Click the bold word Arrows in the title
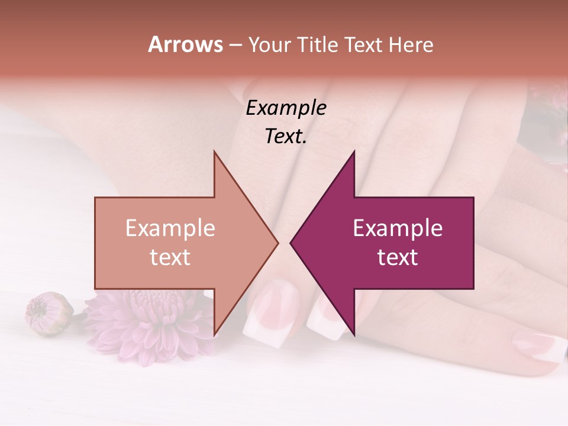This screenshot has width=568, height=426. (x=186, y=44)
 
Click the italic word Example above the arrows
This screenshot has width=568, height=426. (x=286, y=108)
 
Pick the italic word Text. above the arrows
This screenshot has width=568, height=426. (x=286, y=136)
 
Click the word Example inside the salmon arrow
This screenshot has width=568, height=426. (x=170, y=228)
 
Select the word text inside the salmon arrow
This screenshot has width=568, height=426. (x=170, y=257)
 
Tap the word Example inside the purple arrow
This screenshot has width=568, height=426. (x=398, y=228)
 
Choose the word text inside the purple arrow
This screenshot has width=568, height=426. (x=398, y=257)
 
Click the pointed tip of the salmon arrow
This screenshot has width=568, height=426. (x=277, y=243)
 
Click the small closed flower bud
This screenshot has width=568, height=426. (x=47, y=312)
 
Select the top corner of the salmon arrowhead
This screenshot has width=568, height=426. (x=215, y=153)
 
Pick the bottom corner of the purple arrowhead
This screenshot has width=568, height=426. (x=354, y=334)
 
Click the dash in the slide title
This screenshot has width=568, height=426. (x=235, y=45)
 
